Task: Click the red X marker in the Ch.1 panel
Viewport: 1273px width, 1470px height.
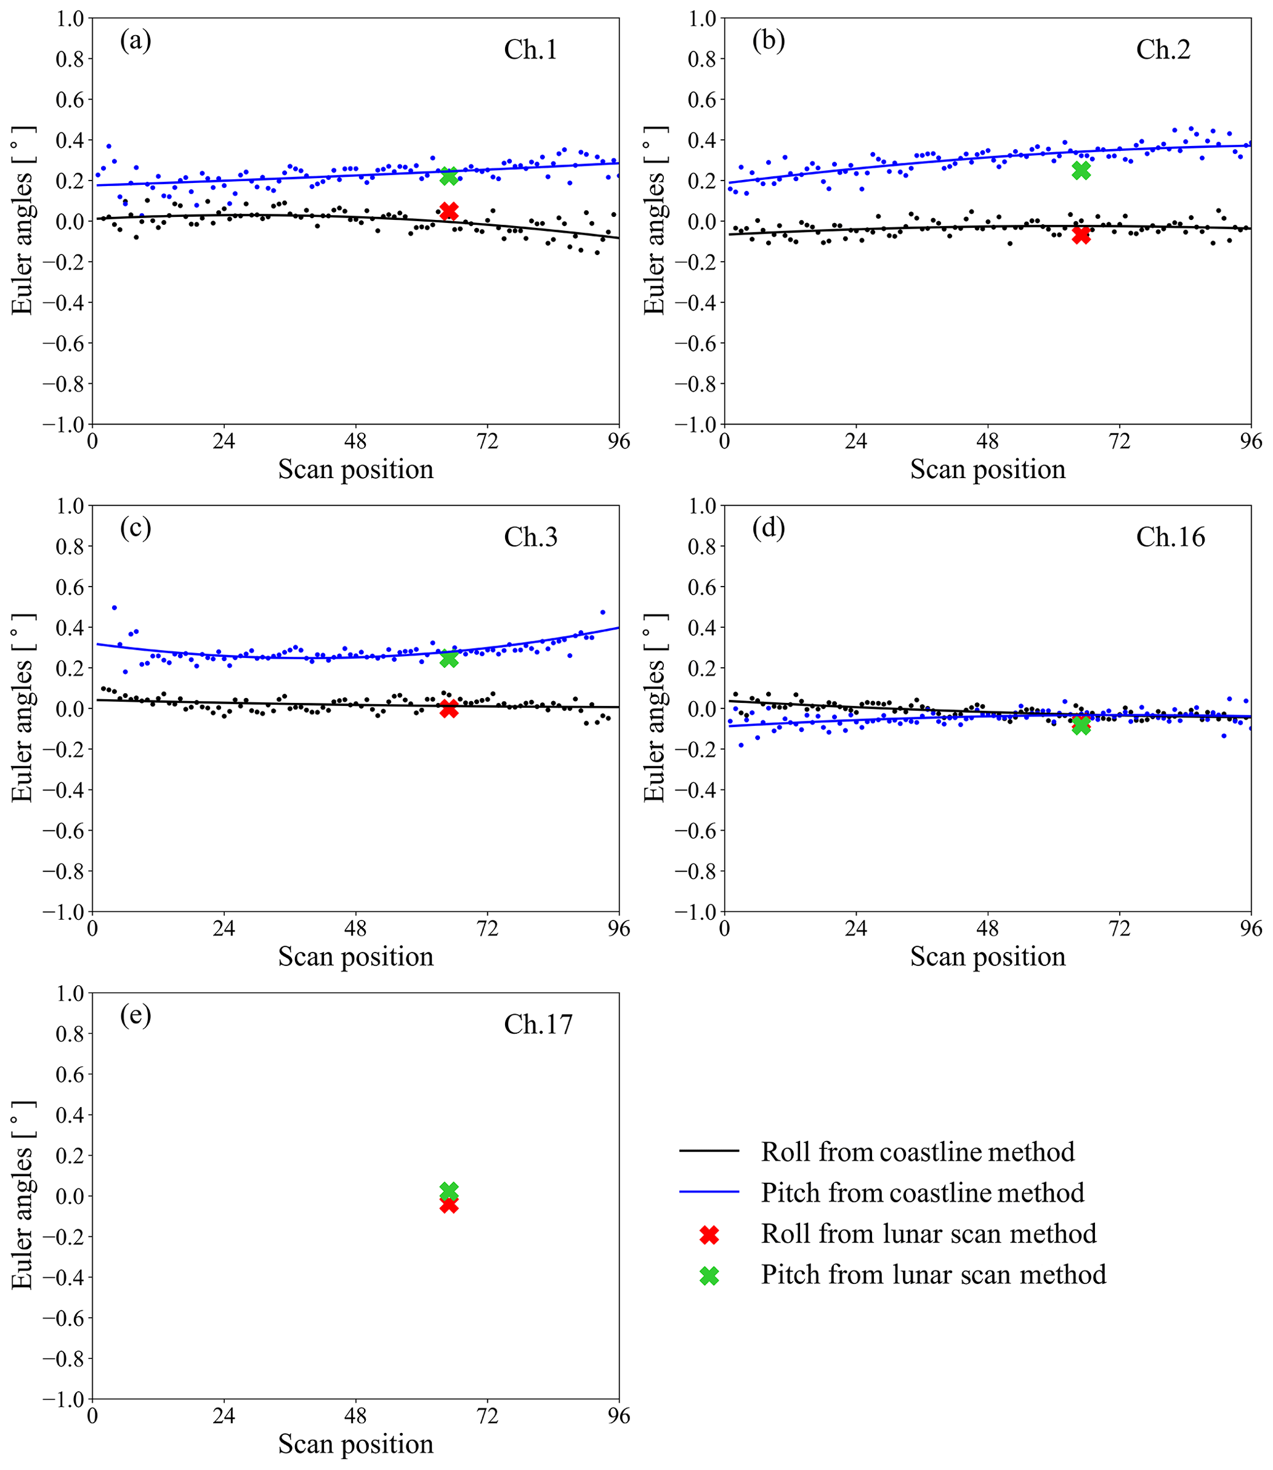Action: point(449,211)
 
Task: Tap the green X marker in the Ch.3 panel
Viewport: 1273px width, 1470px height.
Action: point(449,659)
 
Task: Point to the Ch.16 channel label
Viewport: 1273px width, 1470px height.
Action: point(1170,537)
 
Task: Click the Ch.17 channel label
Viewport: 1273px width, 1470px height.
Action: point(538,1025)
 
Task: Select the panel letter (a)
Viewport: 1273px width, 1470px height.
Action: point(135,41)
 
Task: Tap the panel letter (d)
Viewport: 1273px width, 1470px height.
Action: point(768,528)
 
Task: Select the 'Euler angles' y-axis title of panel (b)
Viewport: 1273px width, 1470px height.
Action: point(654,221)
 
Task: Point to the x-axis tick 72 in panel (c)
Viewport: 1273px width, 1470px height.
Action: point(487,928)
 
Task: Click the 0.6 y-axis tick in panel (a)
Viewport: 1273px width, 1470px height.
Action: point(70,99)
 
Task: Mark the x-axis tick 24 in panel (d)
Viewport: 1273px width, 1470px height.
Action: point(856,928)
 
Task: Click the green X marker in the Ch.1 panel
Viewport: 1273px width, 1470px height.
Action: point(449,176)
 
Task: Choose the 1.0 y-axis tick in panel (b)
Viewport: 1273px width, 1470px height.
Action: point(702,18)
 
